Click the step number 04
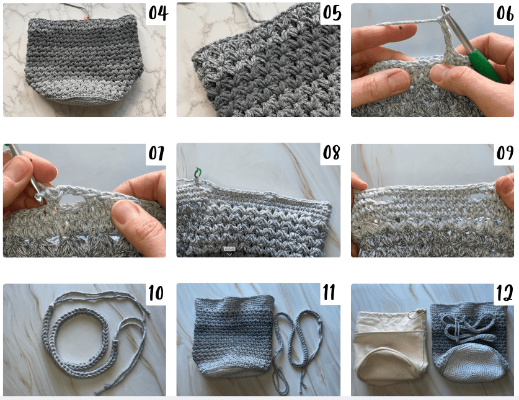click(158, 13)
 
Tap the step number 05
click(332, 13)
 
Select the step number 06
click(505, 13)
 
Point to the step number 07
click(156, 153)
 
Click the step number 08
click(331, 153)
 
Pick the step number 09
click(505, 153)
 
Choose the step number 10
click(156, 293)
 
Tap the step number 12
click(505, 293)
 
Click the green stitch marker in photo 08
click(198, 172)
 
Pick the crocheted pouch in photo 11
click(234, 336)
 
